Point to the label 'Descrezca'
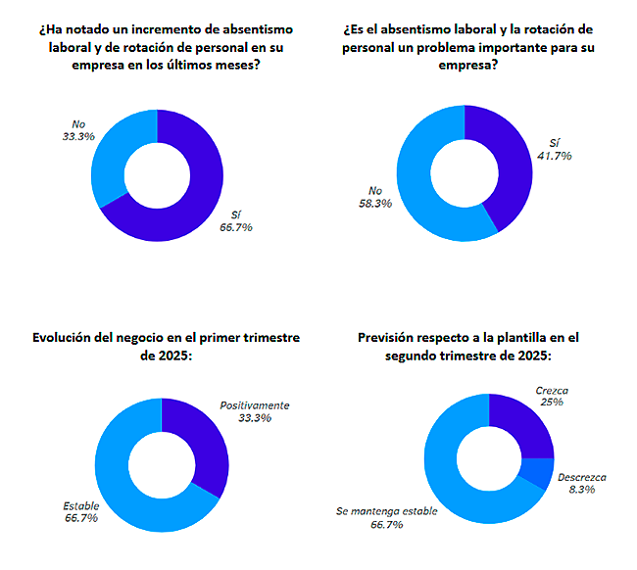tap(581, 477)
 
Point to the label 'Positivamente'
tap(255, 404)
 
